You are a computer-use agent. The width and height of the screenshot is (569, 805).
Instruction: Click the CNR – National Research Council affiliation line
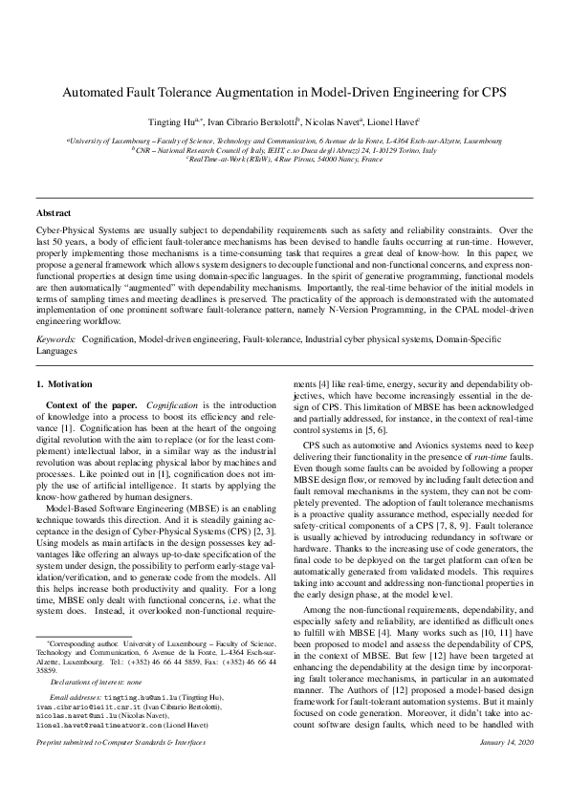click(x=284, y=150)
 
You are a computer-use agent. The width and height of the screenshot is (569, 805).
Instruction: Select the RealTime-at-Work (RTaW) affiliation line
click(x=284, y=159)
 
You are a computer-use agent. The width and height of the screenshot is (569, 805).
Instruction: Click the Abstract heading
click(x=53, y=211)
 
